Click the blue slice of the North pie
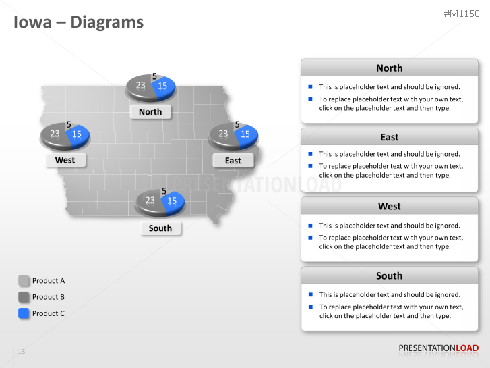click(164, 88)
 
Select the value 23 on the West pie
click(55, 134)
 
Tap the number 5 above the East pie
click(237, 125)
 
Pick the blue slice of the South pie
click(173, 203)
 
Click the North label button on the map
click(150, 112)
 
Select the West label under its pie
click(65, 160)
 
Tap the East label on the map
click(233, 161)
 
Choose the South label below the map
click(160, 228)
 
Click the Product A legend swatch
click(24, 281)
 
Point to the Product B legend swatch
click(24, 297)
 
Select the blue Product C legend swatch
click(24, 313)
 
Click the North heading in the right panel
click(390, 68)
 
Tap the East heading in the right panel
click(390, 137)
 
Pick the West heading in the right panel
click(390, 207)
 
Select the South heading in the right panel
click(390, 276)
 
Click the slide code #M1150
click(462, 14)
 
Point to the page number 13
click(22, 351)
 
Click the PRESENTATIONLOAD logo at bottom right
click(438, 348)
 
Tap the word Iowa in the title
click(32, 22)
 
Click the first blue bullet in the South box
click(310, 294)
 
